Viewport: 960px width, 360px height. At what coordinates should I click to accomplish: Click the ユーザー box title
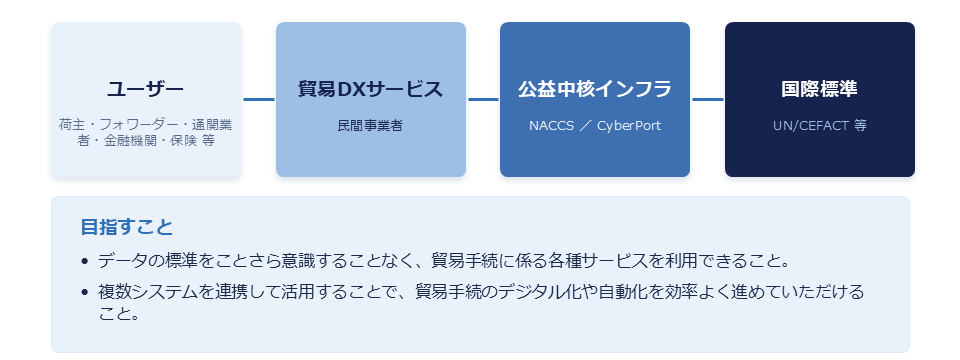pyautogui.click(x=145, y=89)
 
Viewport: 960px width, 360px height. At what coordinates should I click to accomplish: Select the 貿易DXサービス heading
pyautogui.click(x=370, y=89)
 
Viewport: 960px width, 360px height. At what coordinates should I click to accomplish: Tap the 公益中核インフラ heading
pyautogui.click(x=594, y=89)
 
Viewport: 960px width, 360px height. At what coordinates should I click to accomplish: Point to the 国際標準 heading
pyautogui.click(x=819, y=89)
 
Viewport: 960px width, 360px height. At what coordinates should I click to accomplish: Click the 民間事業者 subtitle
pyautogui.click(x=370, y=126)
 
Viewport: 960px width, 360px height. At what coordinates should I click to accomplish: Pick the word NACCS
pyautogui.click(x=552, y=126)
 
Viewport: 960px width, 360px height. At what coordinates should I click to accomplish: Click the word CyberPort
pyautogui.click(x=629, y=126)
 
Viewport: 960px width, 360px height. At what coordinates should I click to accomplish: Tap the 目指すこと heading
pyautogui.click(x=127, y=227)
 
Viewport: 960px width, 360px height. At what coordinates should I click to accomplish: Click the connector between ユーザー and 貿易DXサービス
pyautogui.click(x=258, y=99)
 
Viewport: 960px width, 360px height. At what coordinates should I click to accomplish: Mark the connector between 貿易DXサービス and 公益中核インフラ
pyautogui.click(x=483, y=99)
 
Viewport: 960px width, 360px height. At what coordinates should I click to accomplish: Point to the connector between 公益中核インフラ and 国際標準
pyautogui.click(x=708, y=99)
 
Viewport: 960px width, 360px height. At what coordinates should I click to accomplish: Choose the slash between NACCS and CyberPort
pyautogui.click(x=586, y=126)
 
